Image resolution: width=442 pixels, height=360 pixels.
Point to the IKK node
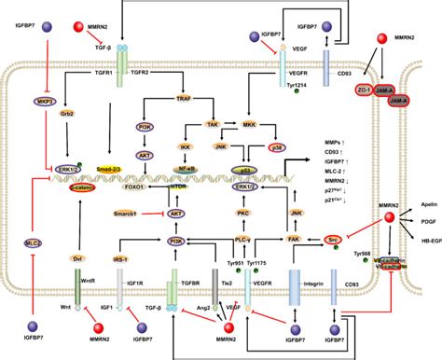(x=186, y=146)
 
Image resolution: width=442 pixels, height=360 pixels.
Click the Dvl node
(x=77, y=256)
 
